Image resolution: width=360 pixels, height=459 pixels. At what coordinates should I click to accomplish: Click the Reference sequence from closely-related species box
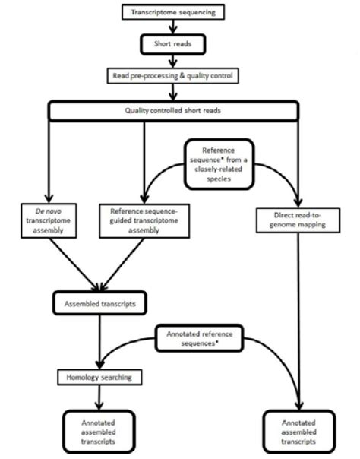point(219,163)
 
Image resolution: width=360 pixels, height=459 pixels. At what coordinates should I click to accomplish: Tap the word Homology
point(83,376)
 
